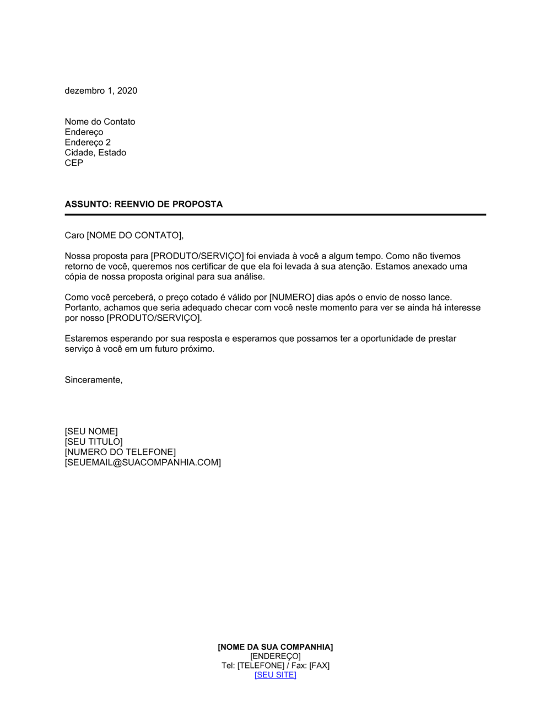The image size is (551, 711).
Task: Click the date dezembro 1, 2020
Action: (x=101, y=91)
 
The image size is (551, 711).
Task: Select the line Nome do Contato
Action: (x=100, y=122)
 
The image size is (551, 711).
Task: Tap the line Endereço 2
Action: (x=88, y=142)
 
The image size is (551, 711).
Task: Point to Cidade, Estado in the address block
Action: (x=95, y=153)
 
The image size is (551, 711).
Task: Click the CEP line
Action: (x=74, y=163)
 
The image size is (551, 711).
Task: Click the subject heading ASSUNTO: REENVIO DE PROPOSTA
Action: (x=144, y=204)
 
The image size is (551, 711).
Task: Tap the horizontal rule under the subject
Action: (x=275, y=214)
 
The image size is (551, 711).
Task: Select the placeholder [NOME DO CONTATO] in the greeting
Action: (x=134, y=236)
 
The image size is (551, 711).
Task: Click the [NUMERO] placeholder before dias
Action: (x=291, y=298)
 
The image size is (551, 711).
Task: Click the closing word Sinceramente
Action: (x=93, y=380)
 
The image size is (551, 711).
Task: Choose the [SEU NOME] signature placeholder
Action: (x=91, y=432)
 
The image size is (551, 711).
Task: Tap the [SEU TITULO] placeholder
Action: (x=94, y=442)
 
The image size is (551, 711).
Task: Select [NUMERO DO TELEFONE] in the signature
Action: (x=120, y=453)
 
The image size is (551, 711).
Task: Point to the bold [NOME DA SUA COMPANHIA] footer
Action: (x=275, y=647)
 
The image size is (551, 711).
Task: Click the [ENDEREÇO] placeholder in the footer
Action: (x=275, y=656)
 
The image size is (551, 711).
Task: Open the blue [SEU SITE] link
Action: (x=275, y=675)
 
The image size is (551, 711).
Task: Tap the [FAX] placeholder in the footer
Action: (x=319, y=666)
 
